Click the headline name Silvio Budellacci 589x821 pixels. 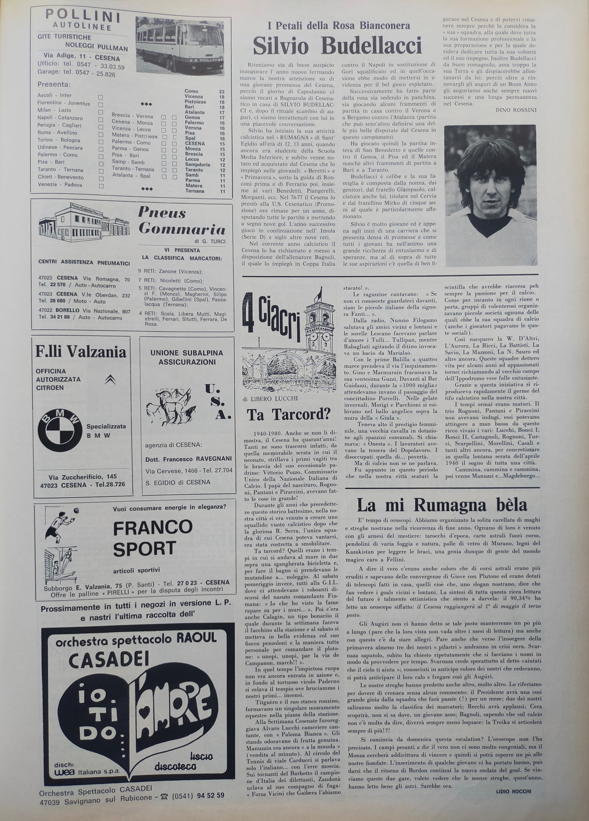tap(337, 46)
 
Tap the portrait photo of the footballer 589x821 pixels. tap(490, 195)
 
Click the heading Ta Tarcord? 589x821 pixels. tap(288, 414)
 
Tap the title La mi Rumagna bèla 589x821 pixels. tap(442, 504)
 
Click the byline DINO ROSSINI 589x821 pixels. tap(515, 110)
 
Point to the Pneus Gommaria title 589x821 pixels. tap(181, 221)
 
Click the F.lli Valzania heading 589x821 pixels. tap(80, 352)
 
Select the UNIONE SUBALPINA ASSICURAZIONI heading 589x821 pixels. tap(187, 357)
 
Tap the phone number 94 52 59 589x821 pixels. tap(210, 795)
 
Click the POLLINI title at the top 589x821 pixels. tap(83, 16)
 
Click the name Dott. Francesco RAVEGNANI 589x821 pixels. tap(189, 459)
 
